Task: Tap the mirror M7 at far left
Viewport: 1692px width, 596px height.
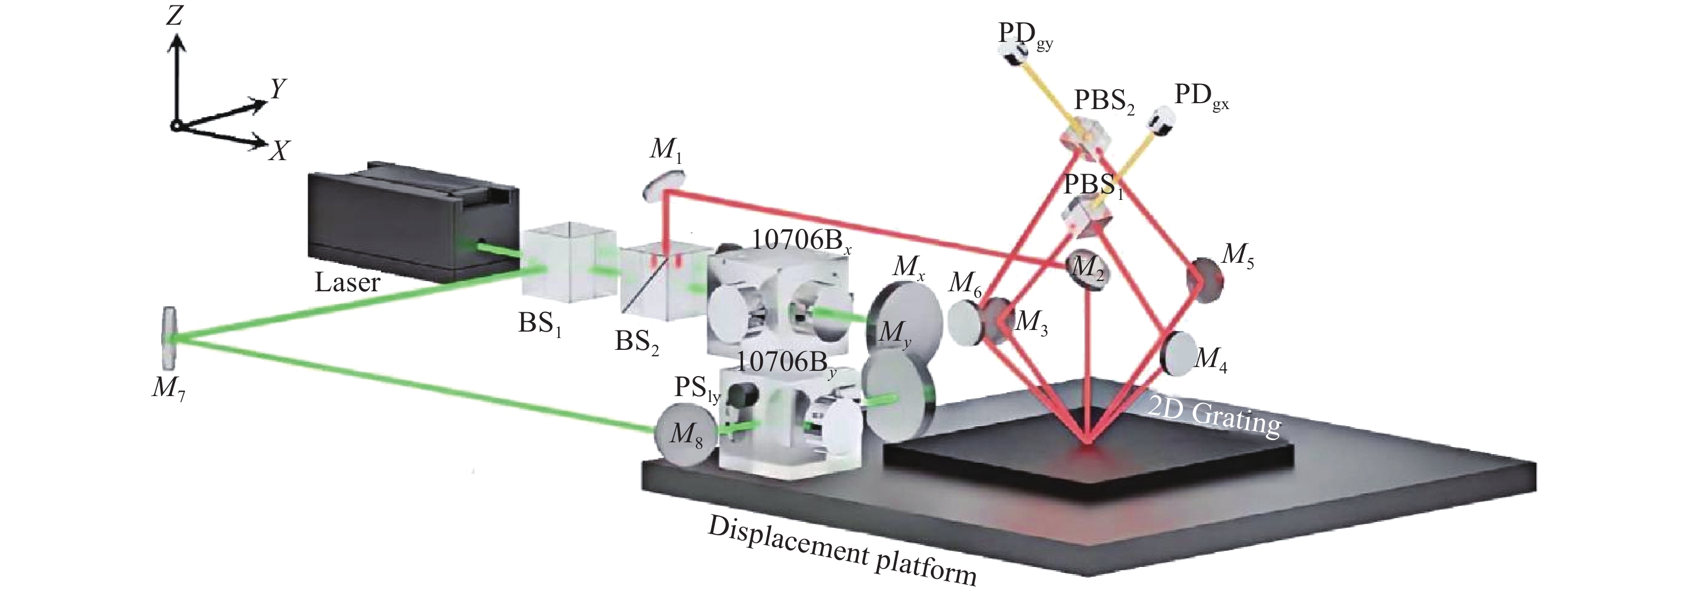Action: click(169, 339)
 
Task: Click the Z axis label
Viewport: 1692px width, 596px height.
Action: click(174, 15)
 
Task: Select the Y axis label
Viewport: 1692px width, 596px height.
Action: click(278, 88)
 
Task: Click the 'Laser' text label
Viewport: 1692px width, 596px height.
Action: click(347, 283)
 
